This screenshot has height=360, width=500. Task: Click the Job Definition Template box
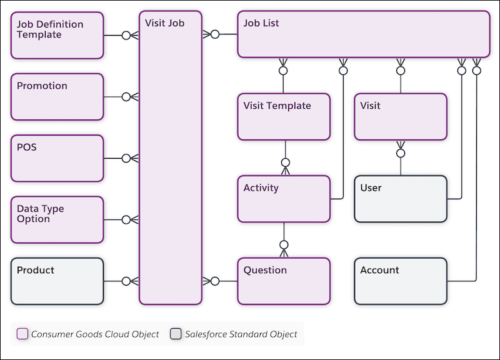tap(57, 35)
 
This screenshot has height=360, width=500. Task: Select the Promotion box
tap(57, 96)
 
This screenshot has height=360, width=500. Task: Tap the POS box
tap(57, 158)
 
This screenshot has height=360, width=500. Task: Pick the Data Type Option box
tap(57, 219)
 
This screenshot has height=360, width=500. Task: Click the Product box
tap(57, 281)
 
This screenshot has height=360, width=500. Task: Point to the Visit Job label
tap(164, 23)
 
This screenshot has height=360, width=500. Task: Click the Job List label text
tap(261, 23)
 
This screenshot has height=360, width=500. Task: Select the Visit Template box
tap(284, 117)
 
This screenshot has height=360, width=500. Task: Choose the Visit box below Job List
tap(401, 117)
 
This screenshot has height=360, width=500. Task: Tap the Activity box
tap(284, 199)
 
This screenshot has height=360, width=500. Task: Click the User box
tap(401, 199)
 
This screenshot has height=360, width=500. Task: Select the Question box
tap(284, 281)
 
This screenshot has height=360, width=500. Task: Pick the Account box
tap(401, 281)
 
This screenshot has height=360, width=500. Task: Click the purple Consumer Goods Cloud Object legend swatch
tap(22, 334)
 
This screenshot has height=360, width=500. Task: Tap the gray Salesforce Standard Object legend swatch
tap(176, 334)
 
